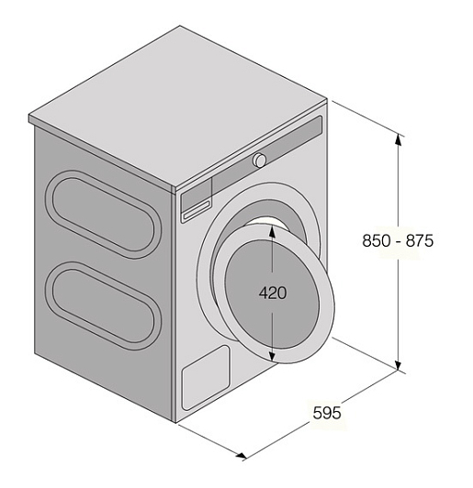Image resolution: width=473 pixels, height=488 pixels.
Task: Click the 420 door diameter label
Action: (273, 293)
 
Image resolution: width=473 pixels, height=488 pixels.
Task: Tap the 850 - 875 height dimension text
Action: (398, 240)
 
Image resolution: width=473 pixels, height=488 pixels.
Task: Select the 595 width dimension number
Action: (327, 413)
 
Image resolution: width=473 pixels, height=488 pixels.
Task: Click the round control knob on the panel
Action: (259, 160)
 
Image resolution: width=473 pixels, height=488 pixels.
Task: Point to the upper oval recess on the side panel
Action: (104, 214)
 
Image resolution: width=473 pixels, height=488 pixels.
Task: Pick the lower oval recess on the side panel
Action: (104, 306)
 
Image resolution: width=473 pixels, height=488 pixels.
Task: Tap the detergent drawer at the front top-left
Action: (197, 200)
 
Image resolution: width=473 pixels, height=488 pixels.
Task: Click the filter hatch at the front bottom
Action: (206, 377)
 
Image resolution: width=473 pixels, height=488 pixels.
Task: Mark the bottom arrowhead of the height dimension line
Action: (398, 364)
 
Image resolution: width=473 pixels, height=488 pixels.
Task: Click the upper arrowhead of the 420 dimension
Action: (272, 231)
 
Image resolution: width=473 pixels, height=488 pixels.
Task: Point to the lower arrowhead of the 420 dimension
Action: (272, 356)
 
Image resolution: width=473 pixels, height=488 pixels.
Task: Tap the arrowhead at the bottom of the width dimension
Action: (242, 456)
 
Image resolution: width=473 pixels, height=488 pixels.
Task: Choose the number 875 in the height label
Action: (420, 240)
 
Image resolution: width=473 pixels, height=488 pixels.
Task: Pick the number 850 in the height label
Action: (376, 240)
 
